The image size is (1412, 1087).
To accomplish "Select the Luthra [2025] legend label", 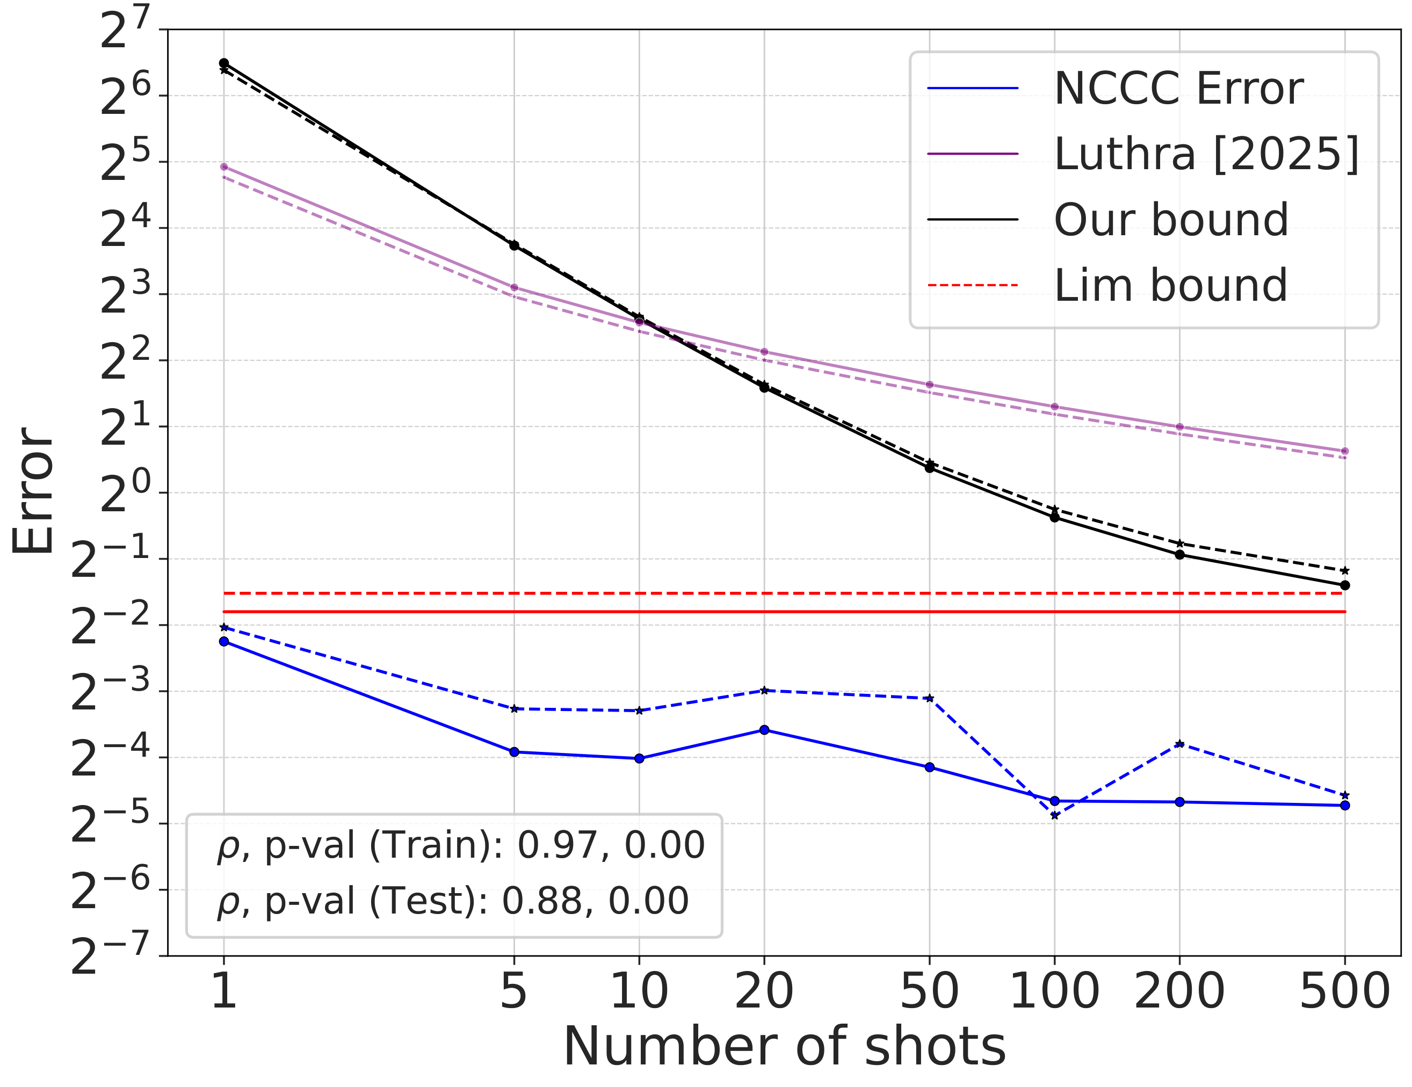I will (x=1206, y=154).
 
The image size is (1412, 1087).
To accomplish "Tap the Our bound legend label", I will (x=1171, y=220).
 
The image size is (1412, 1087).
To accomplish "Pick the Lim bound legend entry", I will (x=1170, y=285).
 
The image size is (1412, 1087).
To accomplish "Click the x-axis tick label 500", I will (x=1344, y=992).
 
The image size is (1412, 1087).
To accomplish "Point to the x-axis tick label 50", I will (x=929, y=992).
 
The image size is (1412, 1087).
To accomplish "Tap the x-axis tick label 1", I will (x=223, y=992).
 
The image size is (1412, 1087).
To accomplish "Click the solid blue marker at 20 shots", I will (x=764, y=730).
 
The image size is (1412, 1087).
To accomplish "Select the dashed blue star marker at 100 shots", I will (x=1054, y=815).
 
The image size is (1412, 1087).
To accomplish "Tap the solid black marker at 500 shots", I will (x=1345, y=585).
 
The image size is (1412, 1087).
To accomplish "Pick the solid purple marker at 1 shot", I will (x=223, y=167).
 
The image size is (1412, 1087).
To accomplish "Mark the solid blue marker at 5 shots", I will (x=514, y=752).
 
